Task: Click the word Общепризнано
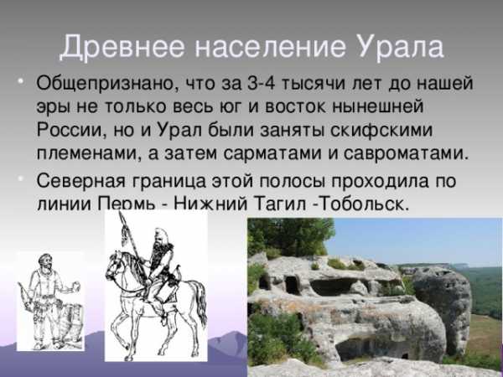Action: tap(106, 84)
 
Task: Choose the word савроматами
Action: tap(406, 154)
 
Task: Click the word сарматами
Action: tap(272, 154)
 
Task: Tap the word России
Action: tap(71, 130)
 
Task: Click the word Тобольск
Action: tap(365, 204)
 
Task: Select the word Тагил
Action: tap(279, 204)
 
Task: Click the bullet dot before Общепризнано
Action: tap(20, 80)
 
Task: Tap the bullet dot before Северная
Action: tap(20, 178)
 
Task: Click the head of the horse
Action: tap(113, 264)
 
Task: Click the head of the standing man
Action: tap(44, 261)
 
